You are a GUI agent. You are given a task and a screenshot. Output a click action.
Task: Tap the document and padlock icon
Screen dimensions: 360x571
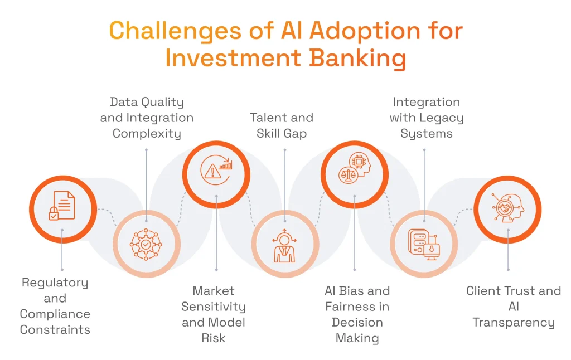pos(62,206)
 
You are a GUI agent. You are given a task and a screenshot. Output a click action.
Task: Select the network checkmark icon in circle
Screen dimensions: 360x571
pos(146,244)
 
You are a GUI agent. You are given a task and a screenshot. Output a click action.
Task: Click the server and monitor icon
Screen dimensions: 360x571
pos(424,244)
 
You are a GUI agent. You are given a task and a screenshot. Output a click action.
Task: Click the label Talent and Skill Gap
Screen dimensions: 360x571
pos(282,125)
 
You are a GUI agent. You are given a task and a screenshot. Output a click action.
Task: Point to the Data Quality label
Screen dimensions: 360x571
pos(147,102)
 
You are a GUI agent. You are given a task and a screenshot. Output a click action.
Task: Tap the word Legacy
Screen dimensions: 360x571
pos(442,118)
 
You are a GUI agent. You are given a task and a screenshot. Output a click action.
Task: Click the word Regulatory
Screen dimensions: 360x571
pos(55,283)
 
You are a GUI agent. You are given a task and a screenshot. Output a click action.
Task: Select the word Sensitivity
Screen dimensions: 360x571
pos(214,307)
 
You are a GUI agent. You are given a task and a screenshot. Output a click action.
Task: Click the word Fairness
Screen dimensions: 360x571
pos(357,307)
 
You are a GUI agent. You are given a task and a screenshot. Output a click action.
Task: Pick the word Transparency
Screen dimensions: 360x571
pos(514,322)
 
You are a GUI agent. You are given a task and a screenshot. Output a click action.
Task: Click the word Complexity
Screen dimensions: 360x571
pos(147,134)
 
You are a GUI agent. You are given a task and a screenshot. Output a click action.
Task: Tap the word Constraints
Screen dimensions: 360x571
pos(55,330)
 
